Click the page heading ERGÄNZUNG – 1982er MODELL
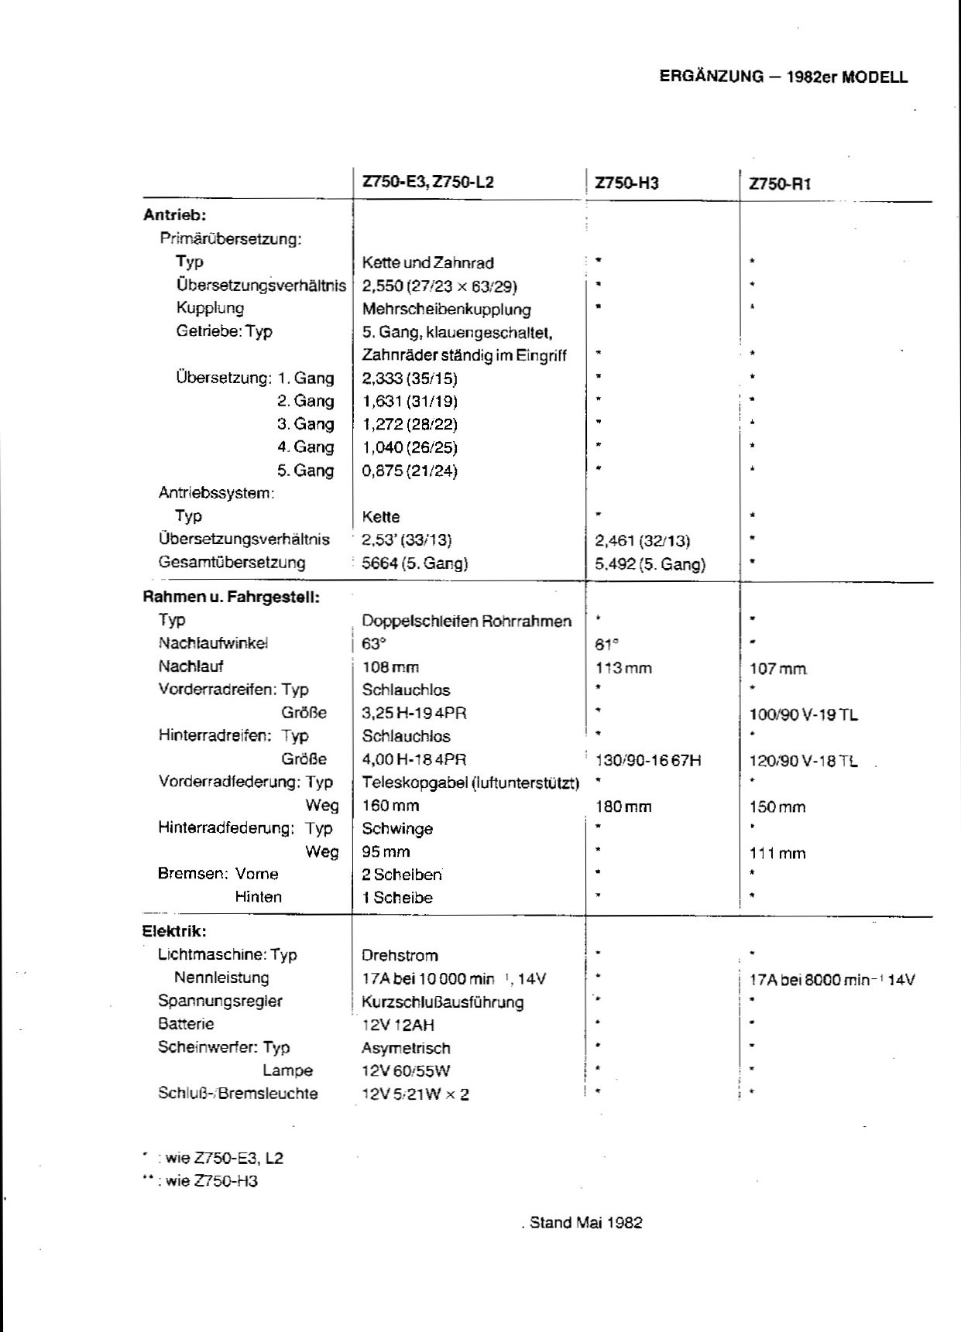coord(783,77)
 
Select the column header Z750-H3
coord(626,183)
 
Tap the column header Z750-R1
coord(780,184)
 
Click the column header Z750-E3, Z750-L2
coord(427,183)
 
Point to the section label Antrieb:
coord(175,215)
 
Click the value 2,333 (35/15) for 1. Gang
coord(410,378)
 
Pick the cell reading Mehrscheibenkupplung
coord(446,310)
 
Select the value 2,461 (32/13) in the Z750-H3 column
coord(642,540)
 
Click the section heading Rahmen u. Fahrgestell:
coord(232,597)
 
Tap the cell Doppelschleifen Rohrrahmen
coord(466,621)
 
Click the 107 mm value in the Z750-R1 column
coord(778,668)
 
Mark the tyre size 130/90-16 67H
coord(648,760)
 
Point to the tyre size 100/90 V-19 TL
coord(803,714)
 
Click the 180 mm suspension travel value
coord(623,806)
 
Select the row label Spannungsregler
coord(220,1001)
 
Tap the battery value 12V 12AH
coord(397,1025)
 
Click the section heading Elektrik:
coord(174,931)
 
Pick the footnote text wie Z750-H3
coord(211,1181)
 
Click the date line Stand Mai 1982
coord(585,1223)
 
